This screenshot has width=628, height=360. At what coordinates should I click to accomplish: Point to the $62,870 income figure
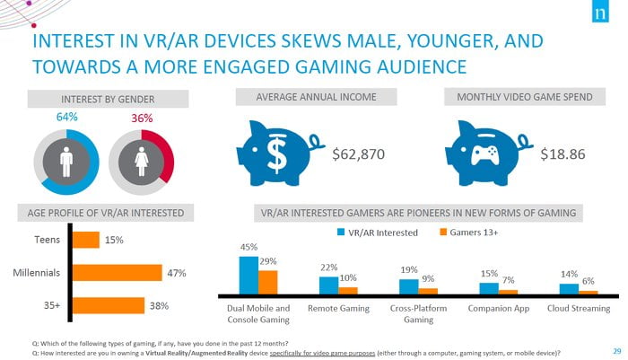[358, 154]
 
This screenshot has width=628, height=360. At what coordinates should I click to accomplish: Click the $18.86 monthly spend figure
[563, 154]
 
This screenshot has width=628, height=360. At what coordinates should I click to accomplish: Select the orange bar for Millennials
[117, 273]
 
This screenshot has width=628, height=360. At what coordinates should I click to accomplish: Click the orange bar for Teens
[85, 240]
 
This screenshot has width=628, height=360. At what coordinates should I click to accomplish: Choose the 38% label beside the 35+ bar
[159, 305]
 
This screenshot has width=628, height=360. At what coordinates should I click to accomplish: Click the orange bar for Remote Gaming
[348, 290]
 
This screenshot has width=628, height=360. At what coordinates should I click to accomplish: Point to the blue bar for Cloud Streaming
[568, 289]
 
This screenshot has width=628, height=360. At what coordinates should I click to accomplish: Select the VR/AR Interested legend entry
[377, 233]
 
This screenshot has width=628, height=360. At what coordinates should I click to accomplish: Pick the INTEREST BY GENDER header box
[102, 98]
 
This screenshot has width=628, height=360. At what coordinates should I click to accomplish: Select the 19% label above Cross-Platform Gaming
[408, 269]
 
